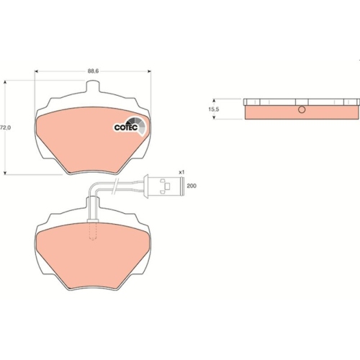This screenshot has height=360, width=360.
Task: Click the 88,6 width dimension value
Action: tap(93, 71)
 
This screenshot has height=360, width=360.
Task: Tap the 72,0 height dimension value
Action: tap(5, 127)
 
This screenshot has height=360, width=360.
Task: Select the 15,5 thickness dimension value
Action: tap(214, 109)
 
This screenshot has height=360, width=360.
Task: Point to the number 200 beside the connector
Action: tap(192, 186)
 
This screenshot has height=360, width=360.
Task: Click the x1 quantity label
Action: tap(181, 172)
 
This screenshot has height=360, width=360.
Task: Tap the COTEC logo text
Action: tap(126, 127)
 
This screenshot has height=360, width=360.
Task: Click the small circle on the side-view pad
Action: tap(302, 109)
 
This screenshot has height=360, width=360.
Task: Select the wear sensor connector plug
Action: tap(163, 186)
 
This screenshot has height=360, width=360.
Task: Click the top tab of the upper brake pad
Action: tap(92, 86)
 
